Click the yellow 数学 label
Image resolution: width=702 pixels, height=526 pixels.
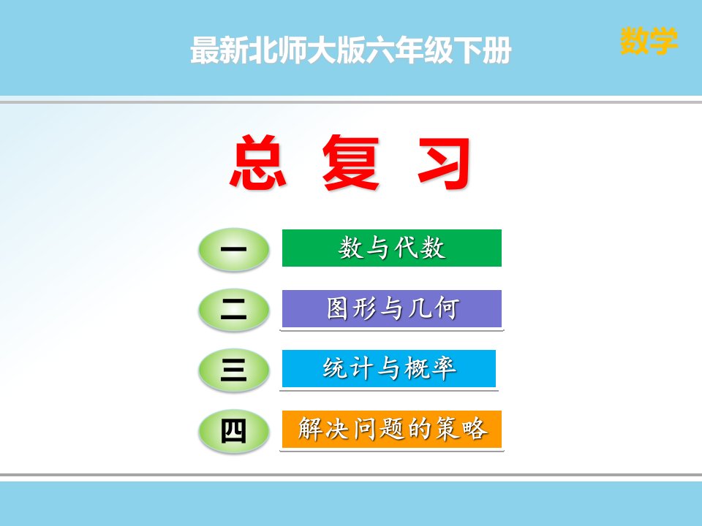pos(649,41)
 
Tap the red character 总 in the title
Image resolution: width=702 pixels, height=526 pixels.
pos(258,162)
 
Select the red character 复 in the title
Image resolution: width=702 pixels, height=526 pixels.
pos(351,162)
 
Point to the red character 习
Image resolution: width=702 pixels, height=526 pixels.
pos(444,163)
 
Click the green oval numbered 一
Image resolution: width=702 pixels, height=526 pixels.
pos(234,249)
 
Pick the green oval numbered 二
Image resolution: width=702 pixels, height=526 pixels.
pos(234,310)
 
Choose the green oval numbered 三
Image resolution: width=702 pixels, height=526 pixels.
pos(234,370)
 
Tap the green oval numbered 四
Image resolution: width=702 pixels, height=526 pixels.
pos(234,431)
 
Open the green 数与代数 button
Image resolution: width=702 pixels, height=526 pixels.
pos(392,248)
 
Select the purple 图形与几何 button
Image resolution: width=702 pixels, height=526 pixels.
pos(392,308)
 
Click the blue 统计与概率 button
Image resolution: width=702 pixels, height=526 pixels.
pos(388,368)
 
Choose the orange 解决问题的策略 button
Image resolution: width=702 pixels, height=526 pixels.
pos(392,429)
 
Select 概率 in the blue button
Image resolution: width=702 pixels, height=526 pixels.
pos(430,368)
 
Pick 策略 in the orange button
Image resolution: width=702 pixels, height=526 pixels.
pos(461,429)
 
